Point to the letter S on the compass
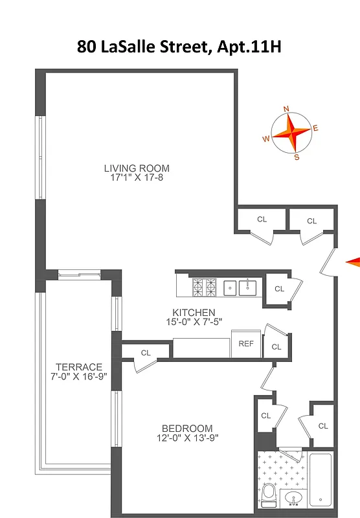click(297, 157)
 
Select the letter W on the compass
click(265, 139)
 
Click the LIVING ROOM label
click(137, 168)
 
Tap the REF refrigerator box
click(246, 344)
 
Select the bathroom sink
click(295, 499)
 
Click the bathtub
click(322, 479)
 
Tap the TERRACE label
click(79, 366)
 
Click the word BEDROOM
click(187, 428)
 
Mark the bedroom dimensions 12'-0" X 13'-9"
click(187, 438)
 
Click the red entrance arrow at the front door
click(353, 261)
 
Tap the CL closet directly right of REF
click(276, 347)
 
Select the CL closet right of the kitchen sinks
click(279, 289)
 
